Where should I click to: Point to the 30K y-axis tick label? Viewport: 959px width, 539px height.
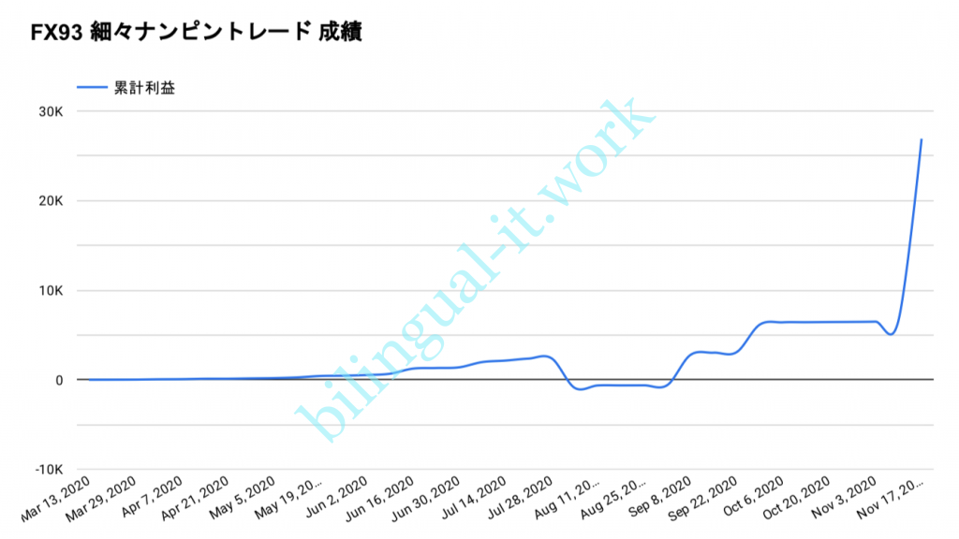coord(50,111)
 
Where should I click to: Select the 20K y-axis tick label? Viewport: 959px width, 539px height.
coord(50,201)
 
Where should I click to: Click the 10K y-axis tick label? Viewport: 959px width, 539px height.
coord(50,290)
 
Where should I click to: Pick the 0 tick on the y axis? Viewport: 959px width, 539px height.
coord(58,380)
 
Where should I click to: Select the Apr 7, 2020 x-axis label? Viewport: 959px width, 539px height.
coord(154,499)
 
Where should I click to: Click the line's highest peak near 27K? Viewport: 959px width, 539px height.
coord(922,139)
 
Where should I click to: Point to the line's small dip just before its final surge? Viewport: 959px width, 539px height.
coord(891,334)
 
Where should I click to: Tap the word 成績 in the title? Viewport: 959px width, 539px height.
coord(342,33)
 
